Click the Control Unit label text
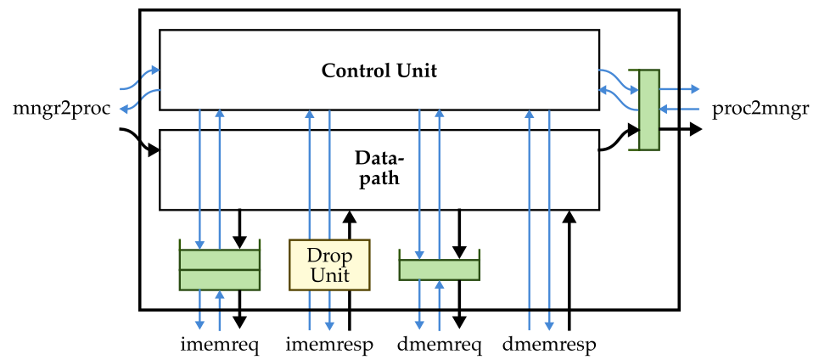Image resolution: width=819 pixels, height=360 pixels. click(379, 70)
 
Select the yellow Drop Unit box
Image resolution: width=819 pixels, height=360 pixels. click(329, 265)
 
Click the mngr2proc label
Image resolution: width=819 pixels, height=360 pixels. click(63, 110)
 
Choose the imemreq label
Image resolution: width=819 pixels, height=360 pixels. click(220, 345)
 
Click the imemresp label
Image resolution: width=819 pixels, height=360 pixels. click(329, 345)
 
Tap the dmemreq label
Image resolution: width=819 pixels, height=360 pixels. click(440, 345)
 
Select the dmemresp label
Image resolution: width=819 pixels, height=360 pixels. click(549, 345)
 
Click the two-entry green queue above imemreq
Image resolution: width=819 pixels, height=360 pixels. click(220, 270)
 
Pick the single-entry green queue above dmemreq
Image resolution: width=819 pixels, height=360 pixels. click(440, 270)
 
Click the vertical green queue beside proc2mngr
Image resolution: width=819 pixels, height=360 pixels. click(649, 110)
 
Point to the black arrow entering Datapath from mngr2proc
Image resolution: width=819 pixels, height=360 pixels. click(140, 139)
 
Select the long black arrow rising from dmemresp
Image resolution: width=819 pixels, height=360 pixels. click(569, 270)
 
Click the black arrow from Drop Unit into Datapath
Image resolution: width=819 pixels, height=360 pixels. click(351, 225)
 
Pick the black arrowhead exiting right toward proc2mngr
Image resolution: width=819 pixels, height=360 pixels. click(695, 129)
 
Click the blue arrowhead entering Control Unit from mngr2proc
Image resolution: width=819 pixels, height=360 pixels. click(155, 70)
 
